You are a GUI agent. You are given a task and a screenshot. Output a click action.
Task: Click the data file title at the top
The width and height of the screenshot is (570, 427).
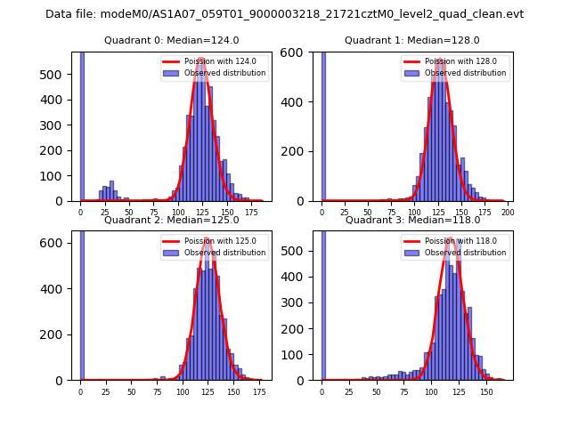pos(284,14)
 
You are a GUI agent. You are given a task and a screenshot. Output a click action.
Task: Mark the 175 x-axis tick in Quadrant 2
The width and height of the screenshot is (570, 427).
pos(258,391)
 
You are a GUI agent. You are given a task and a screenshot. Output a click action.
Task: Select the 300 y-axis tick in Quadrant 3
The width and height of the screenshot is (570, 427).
pos(298,302)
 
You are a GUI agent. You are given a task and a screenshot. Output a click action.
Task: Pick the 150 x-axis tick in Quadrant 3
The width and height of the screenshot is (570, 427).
pos(486,391)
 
